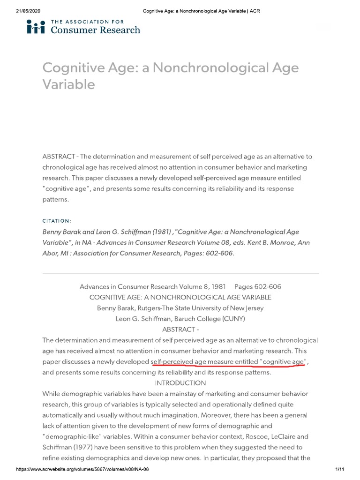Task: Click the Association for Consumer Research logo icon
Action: pyautogui.click(x=36, y=27)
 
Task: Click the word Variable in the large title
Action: pyautogui.click(x=68, y=84)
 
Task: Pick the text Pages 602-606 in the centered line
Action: pyautogui.click(x=258, y=286)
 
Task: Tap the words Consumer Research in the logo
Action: pyautogui.click(x=95, y=30)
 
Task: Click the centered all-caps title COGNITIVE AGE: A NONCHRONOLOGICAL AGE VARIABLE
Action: pyautogui.click(x=180, y=297)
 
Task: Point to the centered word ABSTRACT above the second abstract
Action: pyautogui.click(x=178, y=330)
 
